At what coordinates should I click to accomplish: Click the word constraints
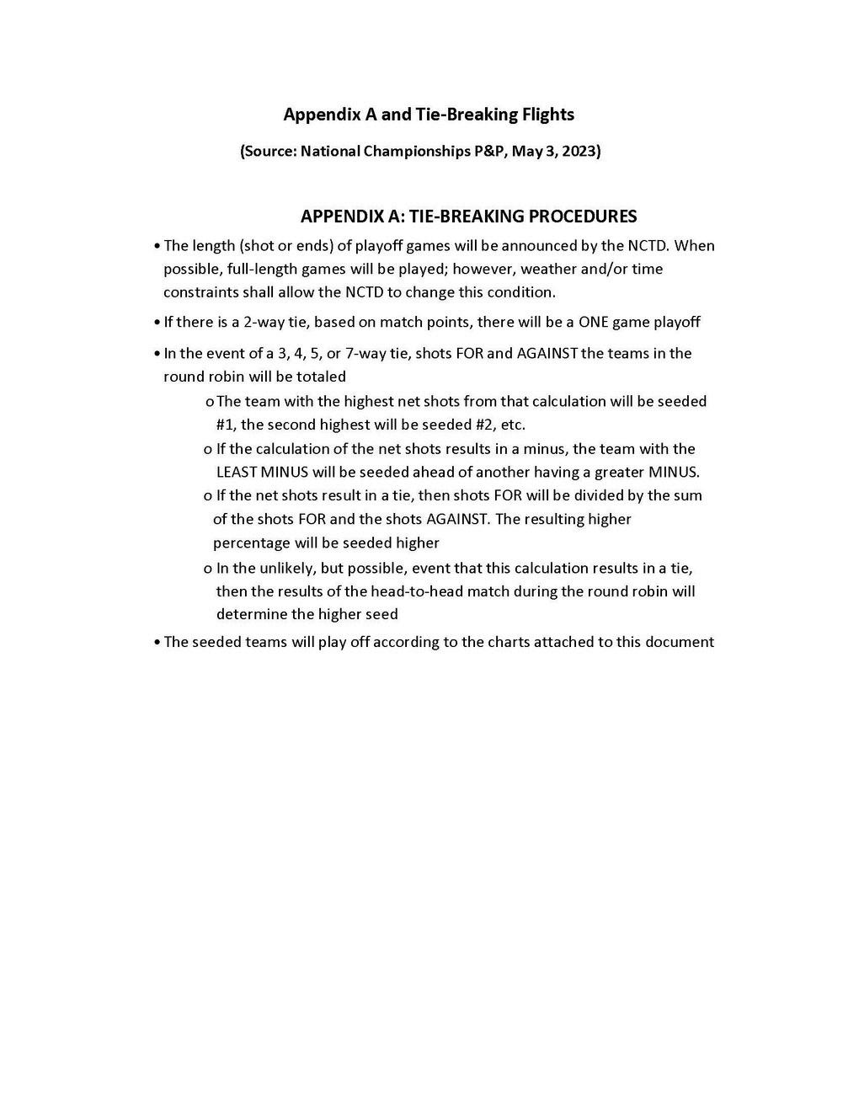pyautogui.click(x=200, y=292)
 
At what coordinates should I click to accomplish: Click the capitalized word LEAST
pyautogui.click(x=238, y=472)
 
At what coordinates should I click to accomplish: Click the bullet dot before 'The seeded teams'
pyautogui.click(x=157, y=643)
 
